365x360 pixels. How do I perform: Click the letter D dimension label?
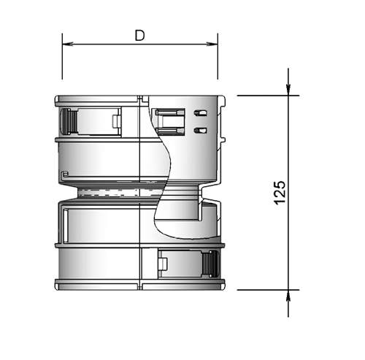pos(139,34)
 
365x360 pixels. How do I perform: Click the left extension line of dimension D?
pos(62,62)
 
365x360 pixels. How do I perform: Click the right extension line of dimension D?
pos(218,62)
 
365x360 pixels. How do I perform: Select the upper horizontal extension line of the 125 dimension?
pos(263,95)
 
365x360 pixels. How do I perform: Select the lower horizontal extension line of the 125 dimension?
pos(263,288)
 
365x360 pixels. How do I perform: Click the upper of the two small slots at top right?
pos(201,113)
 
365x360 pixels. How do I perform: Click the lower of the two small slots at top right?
pos(201,129)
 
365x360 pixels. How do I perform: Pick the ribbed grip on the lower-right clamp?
pos(212,262)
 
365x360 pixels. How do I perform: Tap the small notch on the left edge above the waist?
pos(65,174)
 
